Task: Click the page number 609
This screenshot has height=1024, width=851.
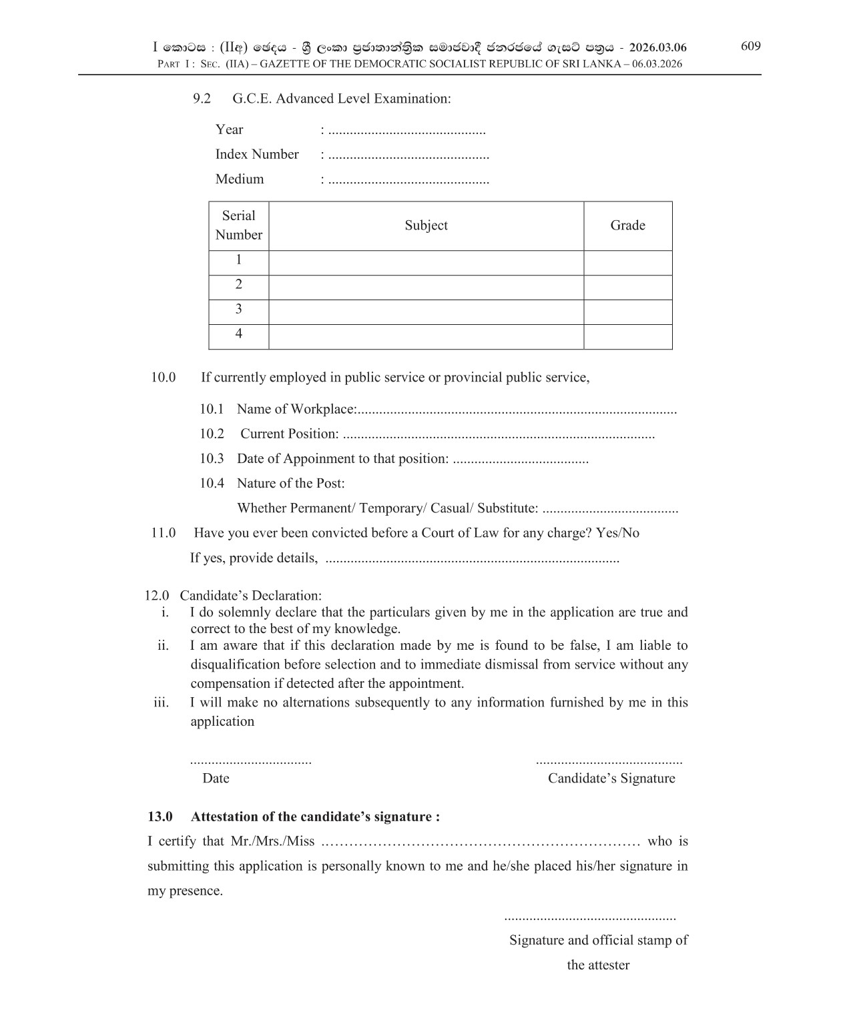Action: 750,46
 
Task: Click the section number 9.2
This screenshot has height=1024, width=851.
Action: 202,99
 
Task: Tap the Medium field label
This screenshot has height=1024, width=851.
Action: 239,179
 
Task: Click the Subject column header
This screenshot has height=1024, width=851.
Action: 426,225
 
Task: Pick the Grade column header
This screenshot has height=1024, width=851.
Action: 627,225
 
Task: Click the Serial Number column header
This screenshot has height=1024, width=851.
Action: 238,225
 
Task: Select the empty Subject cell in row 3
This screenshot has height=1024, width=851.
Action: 426,312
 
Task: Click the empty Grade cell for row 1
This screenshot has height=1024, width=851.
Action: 627,263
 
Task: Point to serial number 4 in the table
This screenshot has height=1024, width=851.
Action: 238,334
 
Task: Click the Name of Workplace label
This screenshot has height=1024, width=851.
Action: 296,409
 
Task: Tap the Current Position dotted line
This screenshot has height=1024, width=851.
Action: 498,435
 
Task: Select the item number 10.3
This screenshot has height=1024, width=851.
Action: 212,458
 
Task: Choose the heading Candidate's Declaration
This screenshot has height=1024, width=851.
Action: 250,595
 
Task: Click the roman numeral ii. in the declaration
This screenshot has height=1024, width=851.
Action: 163,645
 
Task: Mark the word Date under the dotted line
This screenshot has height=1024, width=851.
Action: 216,779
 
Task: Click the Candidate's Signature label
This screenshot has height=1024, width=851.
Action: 611,779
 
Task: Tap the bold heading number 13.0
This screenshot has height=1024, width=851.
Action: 160,817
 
